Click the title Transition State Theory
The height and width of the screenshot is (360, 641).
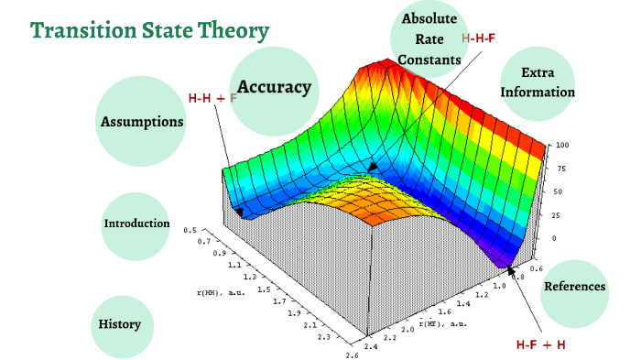point(149,32)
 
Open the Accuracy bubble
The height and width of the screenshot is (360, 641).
point(274,87)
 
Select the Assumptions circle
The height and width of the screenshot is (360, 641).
point(142,121)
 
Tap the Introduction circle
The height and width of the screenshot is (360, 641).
point(136,224)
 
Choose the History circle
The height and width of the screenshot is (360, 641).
point(120,324)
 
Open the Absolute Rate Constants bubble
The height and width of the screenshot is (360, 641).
point(429,39)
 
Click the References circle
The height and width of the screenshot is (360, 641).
point(574,287)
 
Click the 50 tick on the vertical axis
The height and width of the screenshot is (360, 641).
point(558,192)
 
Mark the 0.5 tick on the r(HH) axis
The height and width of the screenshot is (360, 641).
point(190,231)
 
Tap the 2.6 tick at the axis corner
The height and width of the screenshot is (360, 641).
point(353,355)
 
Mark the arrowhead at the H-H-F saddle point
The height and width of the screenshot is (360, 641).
point(373,167)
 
